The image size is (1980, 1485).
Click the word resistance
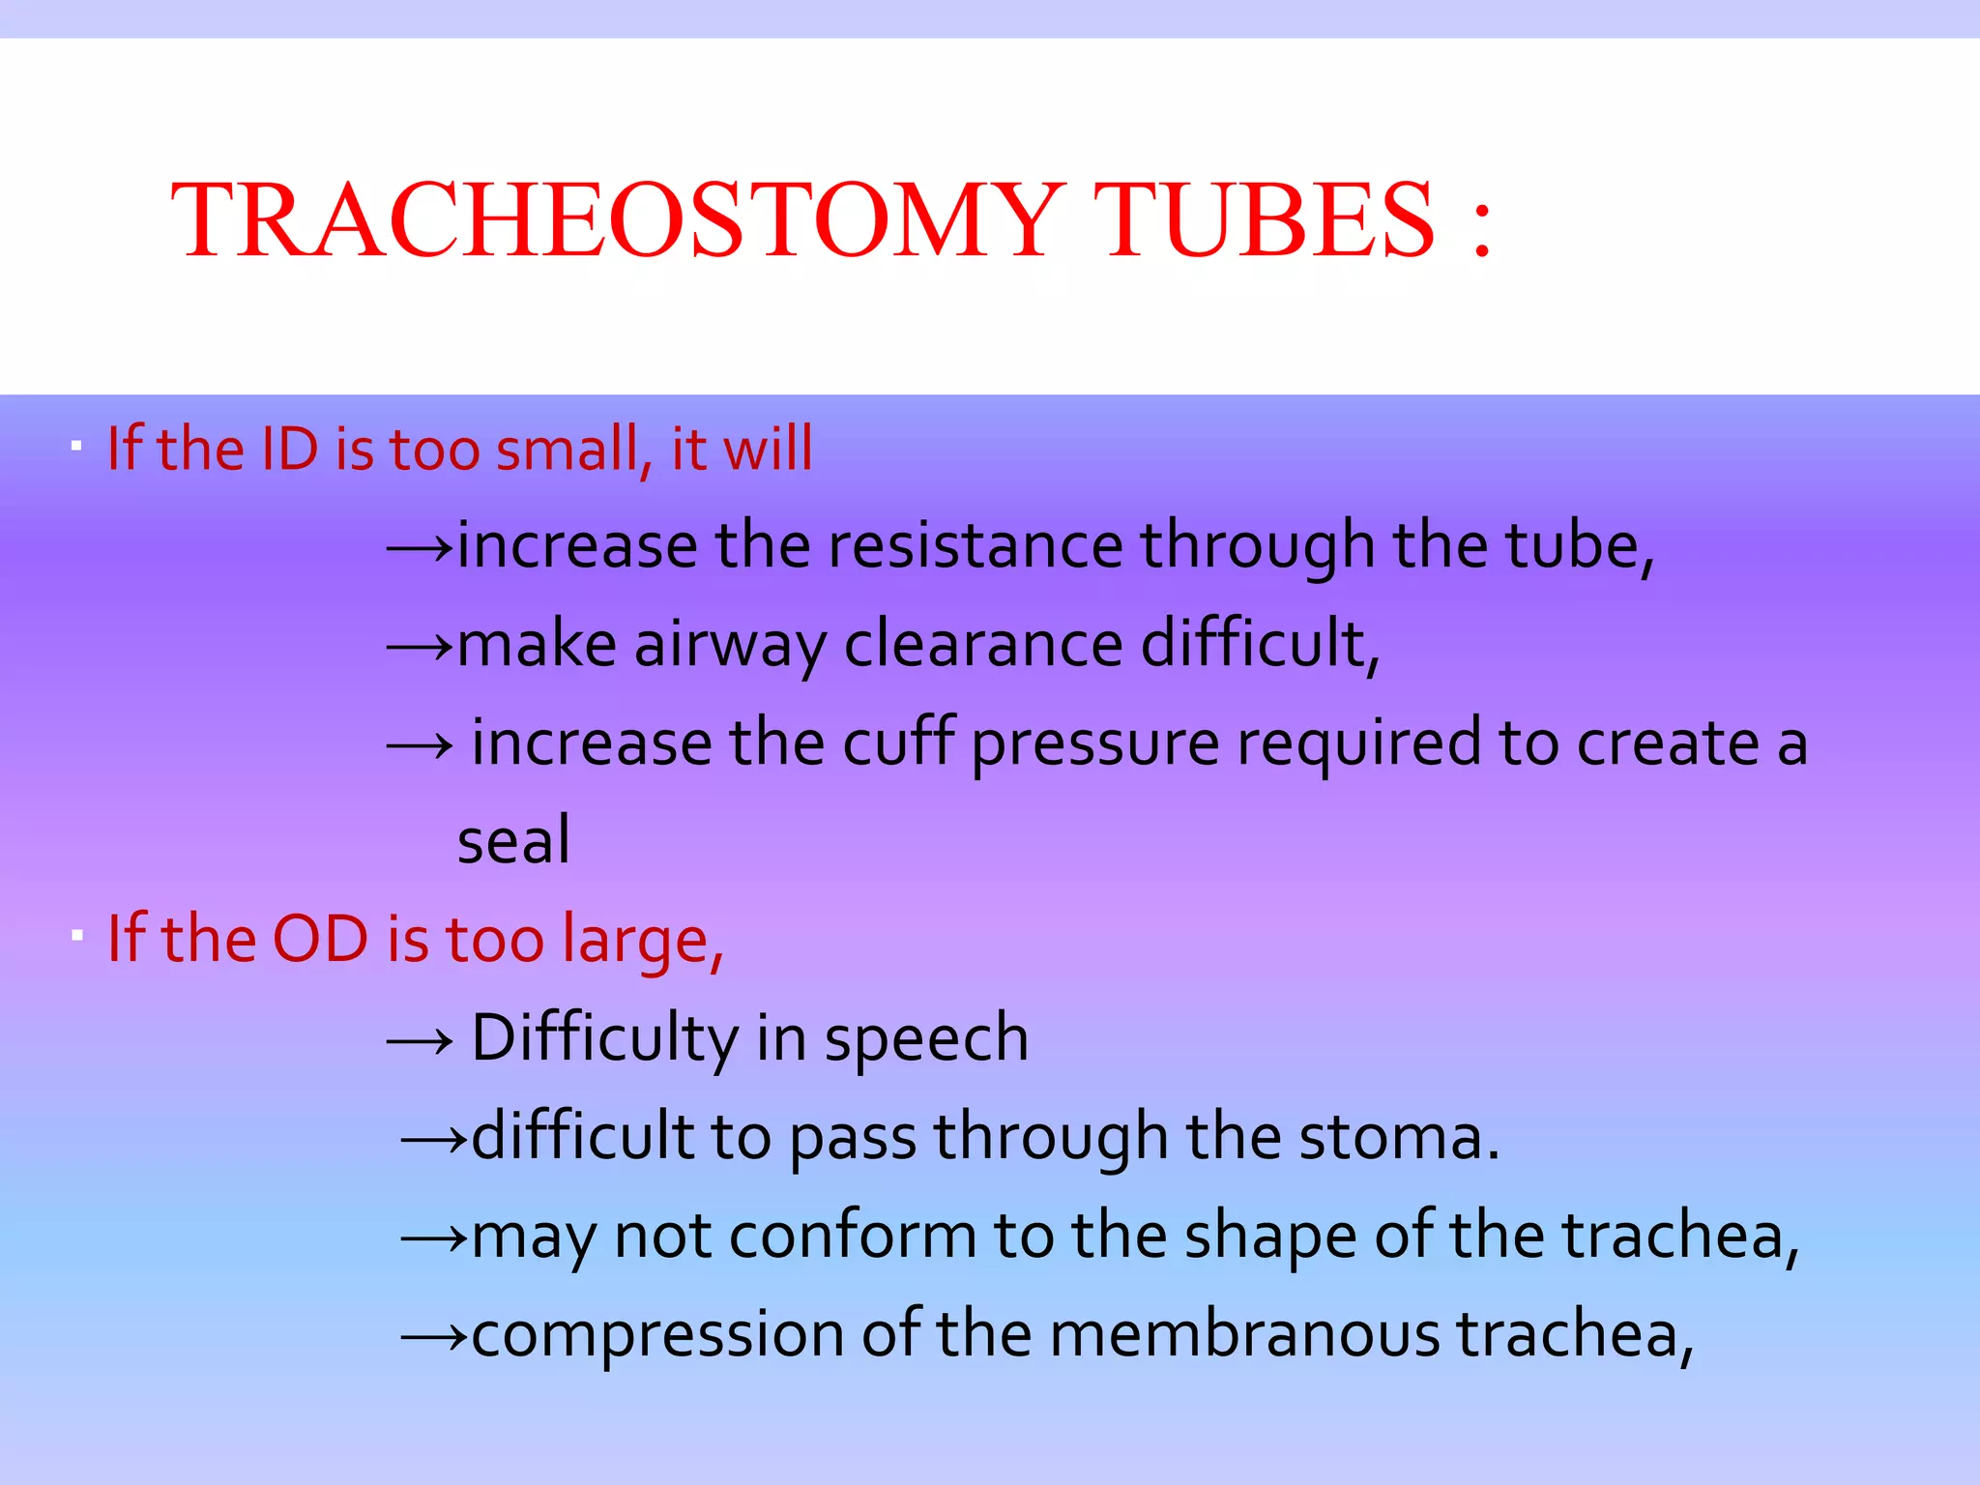(975, 545)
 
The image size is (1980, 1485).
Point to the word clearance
(982, 644)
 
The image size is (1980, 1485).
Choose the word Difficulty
(605, 1038)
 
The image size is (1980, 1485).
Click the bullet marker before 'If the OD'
(76, 935)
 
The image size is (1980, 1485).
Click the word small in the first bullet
(567, 449)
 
